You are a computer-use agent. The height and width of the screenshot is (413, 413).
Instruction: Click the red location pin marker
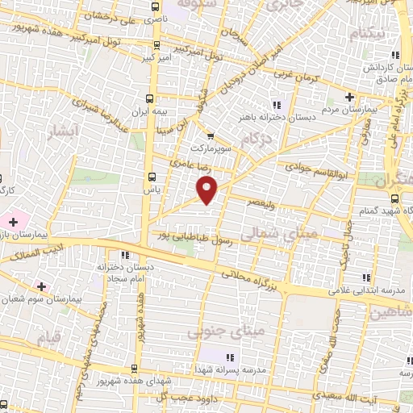pyautogui.click(x=207, y=190)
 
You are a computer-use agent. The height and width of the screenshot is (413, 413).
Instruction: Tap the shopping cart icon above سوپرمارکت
pyautogui.click(x=210, y=136)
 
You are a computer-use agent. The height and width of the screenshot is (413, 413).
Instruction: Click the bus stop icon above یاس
pyautogui.click(x=151, y=176)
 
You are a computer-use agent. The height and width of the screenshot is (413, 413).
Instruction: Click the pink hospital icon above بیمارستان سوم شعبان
pyautogui.click(x=41, y=286)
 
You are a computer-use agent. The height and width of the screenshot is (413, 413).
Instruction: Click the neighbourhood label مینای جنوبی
pyautogui.click(x=214, y=331)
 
